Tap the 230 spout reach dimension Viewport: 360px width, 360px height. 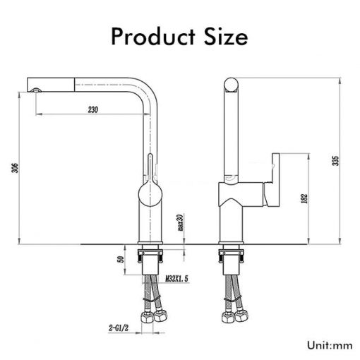click(92, 109)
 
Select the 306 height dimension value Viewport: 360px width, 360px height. click(15, 167)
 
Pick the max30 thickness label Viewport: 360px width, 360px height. click(181, 222)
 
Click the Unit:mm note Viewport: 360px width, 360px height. click(329, 345)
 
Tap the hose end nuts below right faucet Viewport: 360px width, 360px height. click(231, 316)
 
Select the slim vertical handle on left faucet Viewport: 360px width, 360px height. click(149, 164)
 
